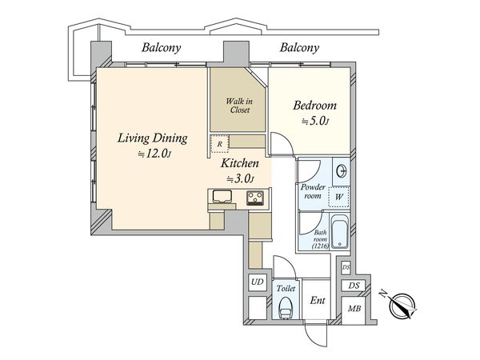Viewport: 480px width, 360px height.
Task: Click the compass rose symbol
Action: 402,306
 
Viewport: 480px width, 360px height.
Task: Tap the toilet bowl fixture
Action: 286,308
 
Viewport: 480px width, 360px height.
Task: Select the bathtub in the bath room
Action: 340,232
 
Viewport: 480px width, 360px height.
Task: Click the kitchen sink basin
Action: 223,196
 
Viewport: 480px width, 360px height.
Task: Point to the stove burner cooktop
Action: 255,198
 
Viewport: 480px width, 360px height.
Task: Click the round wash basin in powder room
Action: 342,171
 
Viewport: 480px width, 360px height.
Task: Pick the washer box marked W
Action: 339,197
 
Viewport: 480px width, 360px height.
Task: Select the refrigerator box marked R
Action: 219,144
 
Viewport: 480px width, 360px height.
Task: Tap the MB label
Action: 354,309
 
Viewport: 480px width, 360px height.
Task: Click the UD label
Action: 257,282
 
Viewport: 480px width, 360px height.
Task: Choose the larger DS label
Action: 354,286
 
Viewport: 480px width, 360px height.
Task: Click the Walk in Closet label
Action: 239,106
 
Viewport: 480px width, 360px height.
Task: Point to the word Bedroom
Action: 314,106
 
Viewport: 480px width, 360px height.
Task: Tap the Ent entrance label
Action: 318,300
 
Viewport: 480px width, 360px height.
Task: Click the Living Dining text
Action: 153,138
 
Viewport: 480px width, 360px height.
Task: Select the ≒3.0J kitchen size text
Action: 240,178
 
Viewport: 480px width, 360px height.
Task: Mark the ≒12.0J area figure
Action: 154,154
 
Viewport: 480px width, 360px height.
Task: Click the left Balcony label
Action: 162,48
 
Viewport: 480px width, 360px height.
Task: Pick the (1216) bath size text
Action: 320,246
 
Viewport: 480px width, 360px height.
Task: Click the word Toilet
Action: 286,288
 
